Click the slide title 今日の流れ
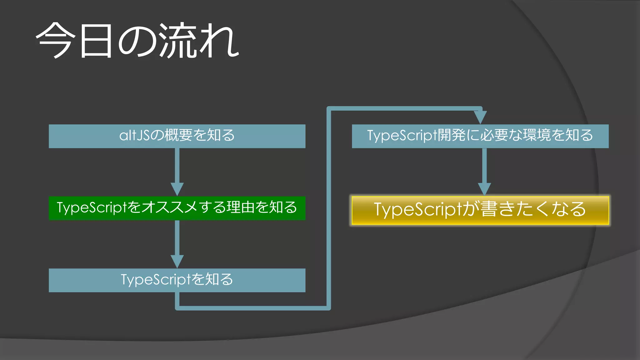[137, 41]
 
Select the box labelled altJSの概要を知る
[177, 136]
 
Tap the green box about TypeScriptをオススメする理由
[177, 208]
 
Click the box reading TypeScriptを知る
[177, 280]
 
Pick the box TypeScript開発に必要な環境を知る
[480, 136]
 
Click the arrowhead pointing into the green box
[177, 189]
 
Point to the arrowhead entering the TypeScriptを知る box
[177, 261]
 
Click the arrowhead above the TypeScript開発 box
[480, 117]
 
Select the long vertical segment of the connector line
[328, 206]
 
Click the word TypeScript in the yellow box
[418, 209]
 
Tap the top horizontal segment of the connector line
[403, 108]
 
